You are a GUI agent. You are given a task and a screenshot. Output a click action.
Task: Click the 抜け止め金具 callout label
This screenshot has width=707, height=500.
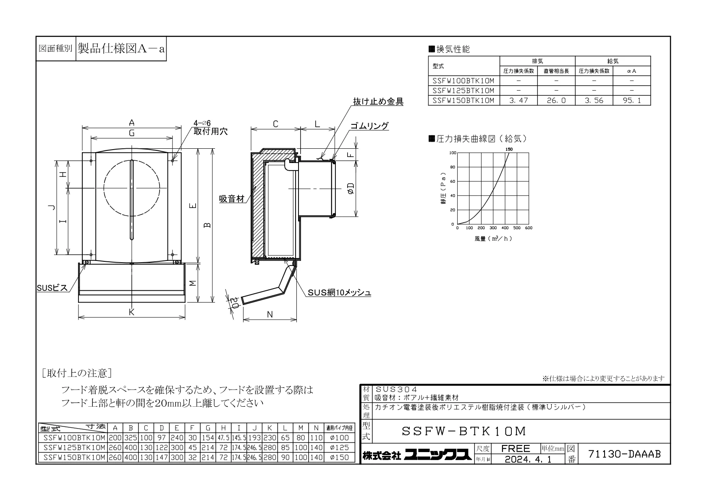click(378, 102)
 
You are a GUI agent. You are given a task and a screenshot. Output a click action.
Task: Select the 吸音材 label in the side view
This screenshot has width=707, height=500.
click(232, 199)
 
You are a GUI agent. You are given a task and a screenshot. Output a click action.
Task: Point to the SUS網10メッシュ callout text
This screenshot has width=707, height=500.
click(339, 293)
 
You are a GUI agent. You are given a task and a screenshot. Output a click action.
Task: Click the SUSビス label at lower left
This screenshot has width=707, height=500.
click(52, 288)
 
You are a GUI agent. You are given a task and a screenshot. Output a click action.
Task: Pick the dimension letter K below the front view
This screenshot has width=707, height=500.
click(131, 312)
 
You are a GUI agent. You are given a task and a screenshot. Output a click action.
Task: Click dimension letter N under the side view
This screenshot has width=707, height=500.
click(270, 315)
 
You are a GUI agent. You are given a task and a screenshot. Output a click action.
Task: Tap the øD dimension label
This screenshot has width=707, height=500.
click(351, 189)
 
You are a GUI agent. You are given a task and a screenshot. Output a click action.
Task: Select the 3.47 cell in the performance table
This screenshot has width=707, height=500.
click(518, 100)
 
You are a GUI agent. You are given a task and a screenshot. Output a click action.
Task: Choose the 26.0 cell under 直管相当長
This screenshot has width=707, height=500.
click(556, 100)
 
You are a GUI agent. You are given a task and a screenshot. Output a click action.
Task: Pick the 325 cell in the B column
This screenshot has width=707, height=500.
click(131, 438)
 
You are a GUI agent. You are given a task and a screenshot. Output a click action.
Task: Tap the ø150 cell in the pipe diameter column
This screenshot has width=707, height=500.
click(339, 458)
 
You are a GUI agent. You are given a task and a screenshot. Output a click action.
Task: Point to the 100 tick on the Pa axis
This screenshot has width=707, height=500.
click(453, 153)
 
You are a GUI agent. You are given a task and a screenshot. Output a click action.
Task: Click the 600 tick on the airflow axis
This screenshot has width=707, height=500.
click(529, 228)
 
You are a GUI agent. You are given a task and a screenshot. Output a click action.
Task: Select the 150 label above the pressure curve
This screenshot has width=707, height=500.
click(509, 149)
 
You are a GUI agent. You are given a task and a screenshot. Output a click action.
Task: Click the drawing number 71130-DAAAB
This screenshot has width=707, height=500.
click(624, 454)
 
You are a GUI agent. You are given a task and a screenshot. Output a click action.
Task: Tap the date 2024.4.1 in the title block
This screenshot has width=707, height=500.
click(528, 459)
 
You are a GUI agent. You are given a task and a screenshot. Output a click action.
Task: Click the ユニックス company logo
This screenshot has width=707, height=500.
click(438, 455)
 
